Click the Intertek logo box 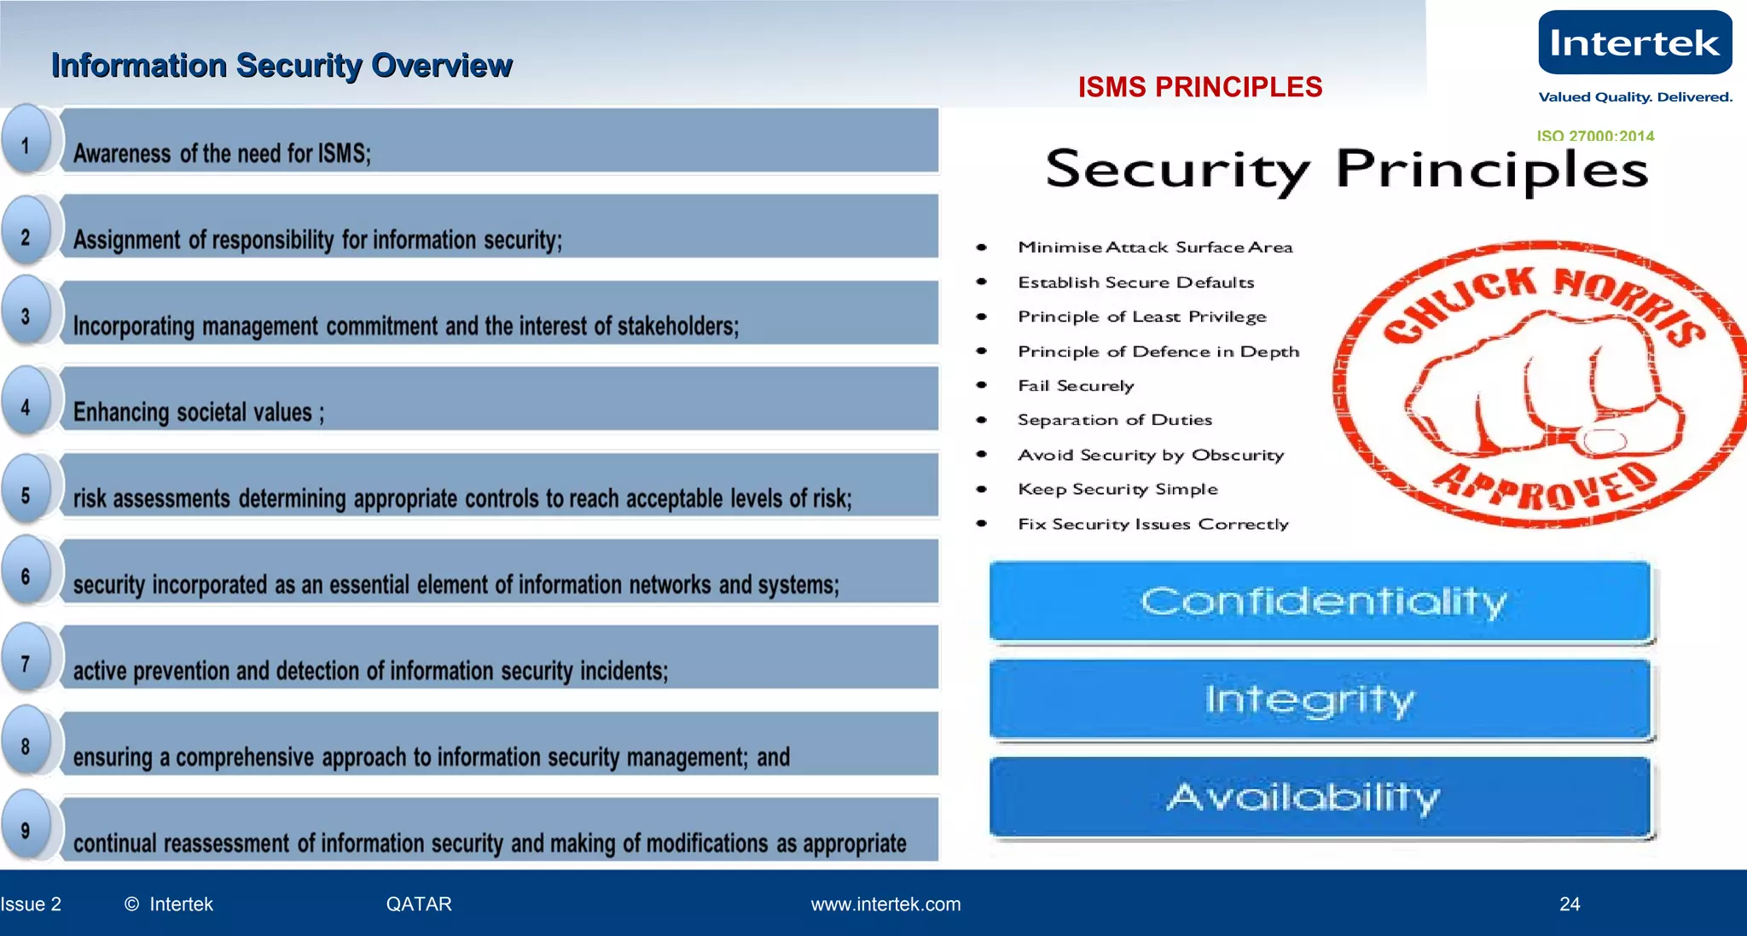click(x=1634, y=43)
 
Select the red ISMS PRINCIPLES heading click(x=1199, y=87)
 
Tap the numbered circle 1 click(x=26, y=144)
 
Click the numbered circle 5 click(x=26, y=495)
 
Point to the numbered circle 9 click(x=26, y=830)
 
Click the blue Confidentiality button click(x=1320, y=601)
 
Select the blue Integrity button click(x=1320, y=699)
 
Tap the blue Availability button click(x=1320, y=797)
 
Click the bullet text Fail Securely click(x=1076, y=386)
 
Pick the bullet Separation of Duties click(x=1114, y=420)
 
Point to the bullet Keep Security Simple click(x=1117, y=489)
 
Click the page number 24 click(x=1570, y=904)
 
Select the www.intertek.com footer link click(x=885, y=904)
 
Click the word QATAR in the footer click(x=419, y=904)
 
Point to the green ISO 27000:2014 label click(x=1595, y=136)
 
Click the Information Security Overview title click(x=281, y=66)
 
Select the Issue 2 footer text click(x=32, y=904)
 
